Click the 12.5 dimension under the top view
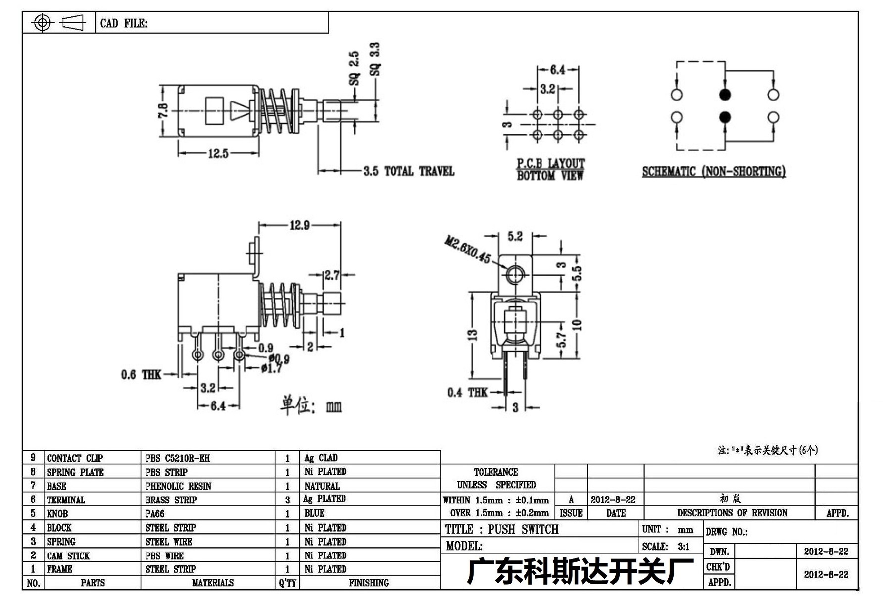point(218,153)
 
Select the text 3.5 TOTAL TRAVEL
point(409,171)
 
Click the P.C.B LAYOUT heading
point(550,163)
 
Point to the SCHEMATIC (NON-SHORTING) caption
point(714,171)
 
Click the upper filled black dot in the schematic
point(725,94)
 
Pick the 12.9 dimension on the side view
point(299,225)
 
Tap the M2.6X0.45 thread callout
point(467,250)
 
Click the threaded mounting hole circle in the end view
point(515,273)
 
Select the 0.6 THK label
point(141,374)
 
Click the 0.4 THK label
point(467,392)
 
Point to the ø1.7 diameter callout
point(272,368)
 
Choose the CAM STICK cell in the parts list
point(68,556)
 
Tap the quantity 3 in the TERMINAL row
point(287,500)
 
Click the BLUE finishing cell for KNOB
point(314,513)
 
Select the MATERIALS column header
point(213,583)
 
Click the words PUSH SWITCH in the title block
point(523,529)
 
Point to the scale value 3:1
point(683,547)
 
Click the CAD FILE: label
point(124,23)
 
